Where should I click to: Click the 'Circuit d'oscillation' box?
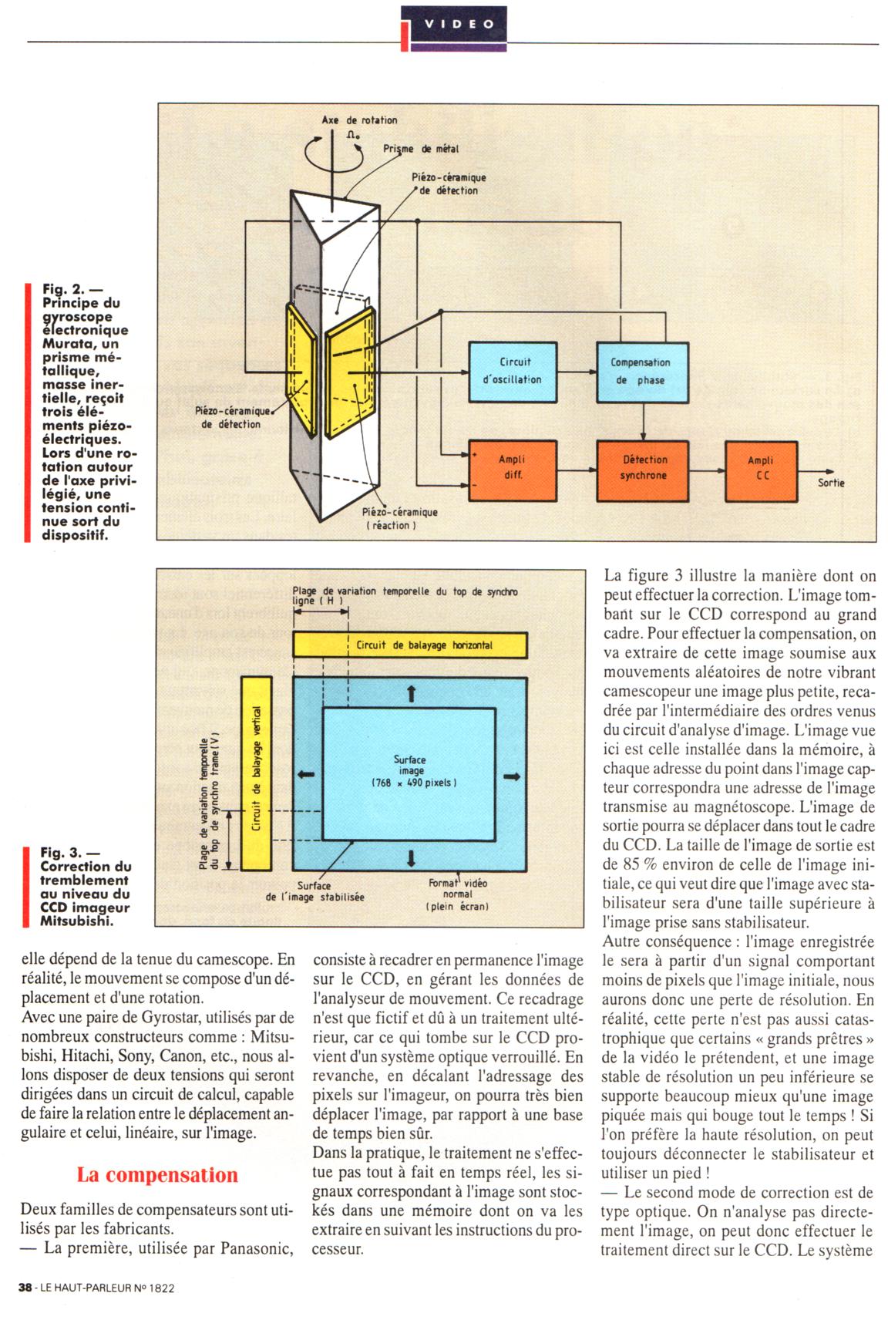[x=513, y=371]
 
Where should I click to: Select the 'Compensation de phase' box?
[x=640, y=371]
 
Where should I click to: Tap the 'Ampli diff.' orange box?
[x=513, y=467]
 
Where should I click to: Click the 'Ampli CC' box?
[x=760, y=467]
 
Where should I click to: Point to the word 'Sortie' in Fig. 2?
[x=831, y=483]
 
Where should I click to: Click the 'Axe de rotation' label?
[x=359, y=120]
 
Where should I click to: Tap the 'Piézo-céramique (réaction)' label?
[x=400, y=518]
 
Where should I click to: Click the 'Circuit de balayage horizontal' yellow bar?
[x=410, y=645]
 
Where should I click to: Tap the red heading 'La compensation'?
[x=157, y=1175]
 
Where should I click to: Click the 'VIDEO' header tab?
[x=453, y=24]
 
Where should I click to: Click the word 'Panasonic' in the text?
[x=258, y=1247]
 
